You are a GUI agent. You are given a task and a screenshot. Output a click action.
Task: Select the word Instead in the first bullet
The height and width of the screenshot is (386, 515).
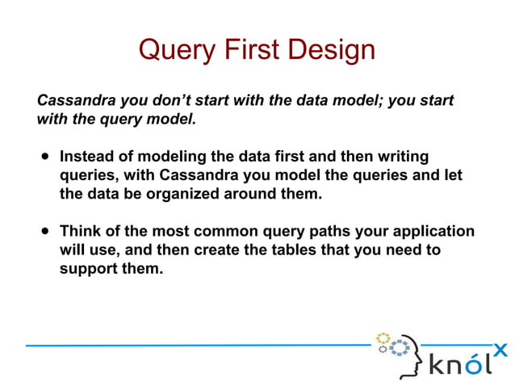point(87,156)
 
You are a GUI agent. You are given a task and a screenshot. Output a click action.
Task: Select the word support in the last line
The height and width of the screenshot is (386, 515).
point(90,269)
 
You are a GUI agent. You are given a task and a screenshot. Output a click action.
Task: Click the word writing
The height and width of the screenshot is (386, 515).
point(400,156)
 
